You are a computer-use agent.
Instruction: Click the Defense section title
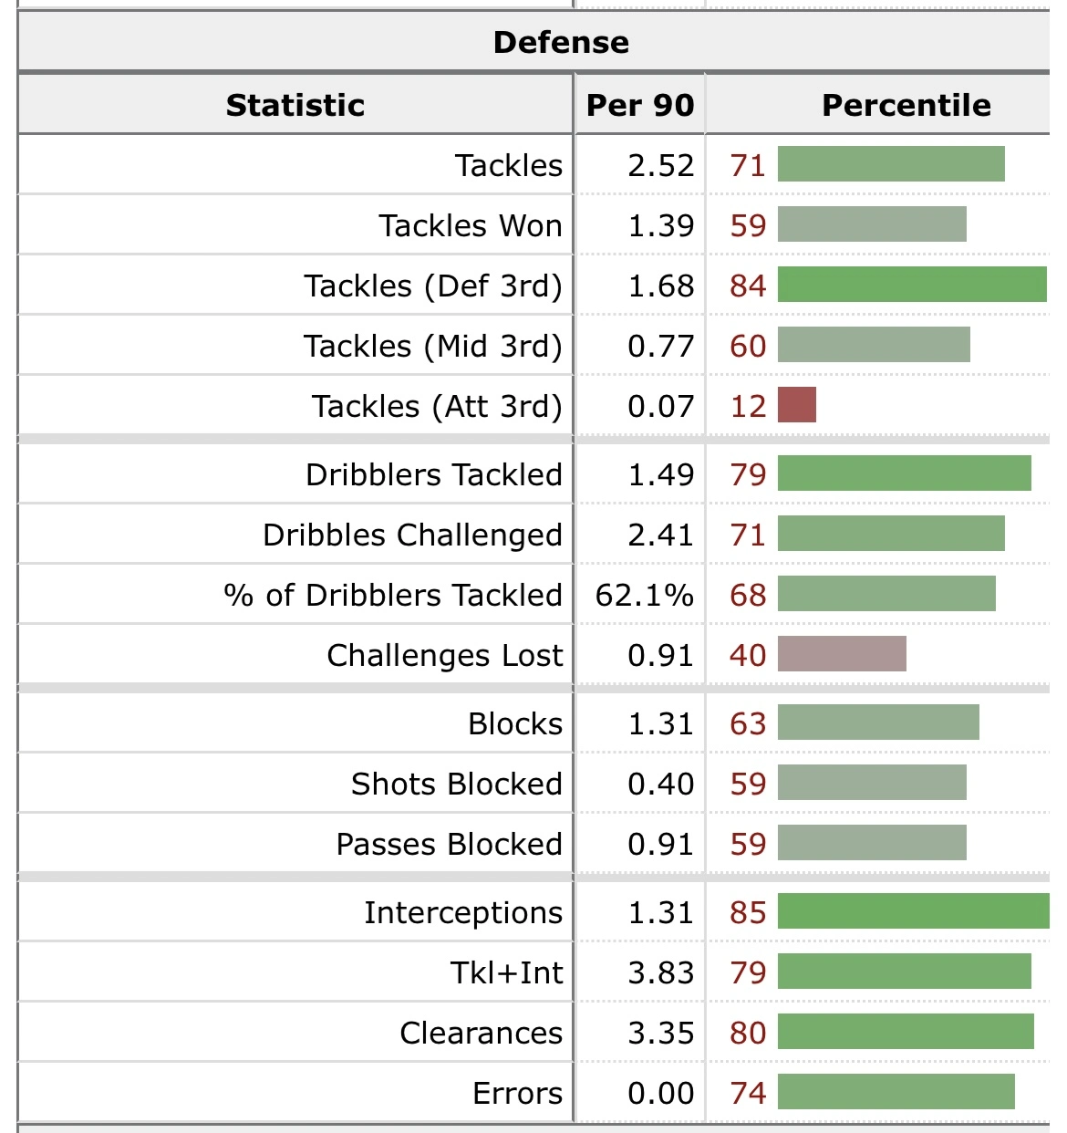tap(561, 42)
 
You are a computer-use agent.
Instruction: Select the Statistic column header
tap(295, 105)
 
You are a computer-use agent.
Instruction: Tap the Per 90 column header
tap(640, 105)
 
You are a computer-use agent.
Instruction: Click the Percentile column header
tap(906, 105)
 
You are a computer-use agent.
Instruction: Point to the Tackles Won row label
tap(471, 225)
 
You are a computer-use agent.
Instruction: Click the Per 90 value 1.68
tap(660, 286)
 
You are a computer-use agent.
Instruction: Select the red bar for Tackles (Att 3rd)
tap(797, 405)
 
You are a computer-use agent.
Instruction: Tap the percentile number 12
tap(748, 406)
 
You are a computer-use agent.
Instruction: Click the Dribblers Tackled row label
tap(434, 474)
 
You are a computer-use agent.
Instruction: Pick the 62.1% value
tap(644, 595)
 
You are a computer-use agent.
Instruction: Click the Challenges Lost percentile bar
tap(842, 654)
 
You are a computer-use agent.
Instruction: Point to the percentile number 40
tap(748, 655)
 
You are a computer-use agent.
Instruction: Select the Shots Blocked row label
tap(457, 784)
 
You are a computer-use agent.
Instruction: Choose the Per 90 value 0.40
tap(660, 784)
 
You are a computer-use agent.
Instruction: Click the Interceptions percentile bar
tap(913, 911)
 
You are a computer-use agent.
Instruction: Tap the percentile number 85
tap(748, 912)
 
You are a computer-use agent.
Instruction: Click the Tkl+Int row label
tap(507, 972)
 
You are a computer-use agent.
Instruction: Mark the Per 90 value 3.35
tap(660, 1033)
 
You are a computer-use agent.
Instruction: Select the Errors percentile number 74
tap(748, 1093)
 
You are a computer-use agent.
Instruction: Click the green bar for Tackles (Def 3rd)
tap(912, 285)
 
